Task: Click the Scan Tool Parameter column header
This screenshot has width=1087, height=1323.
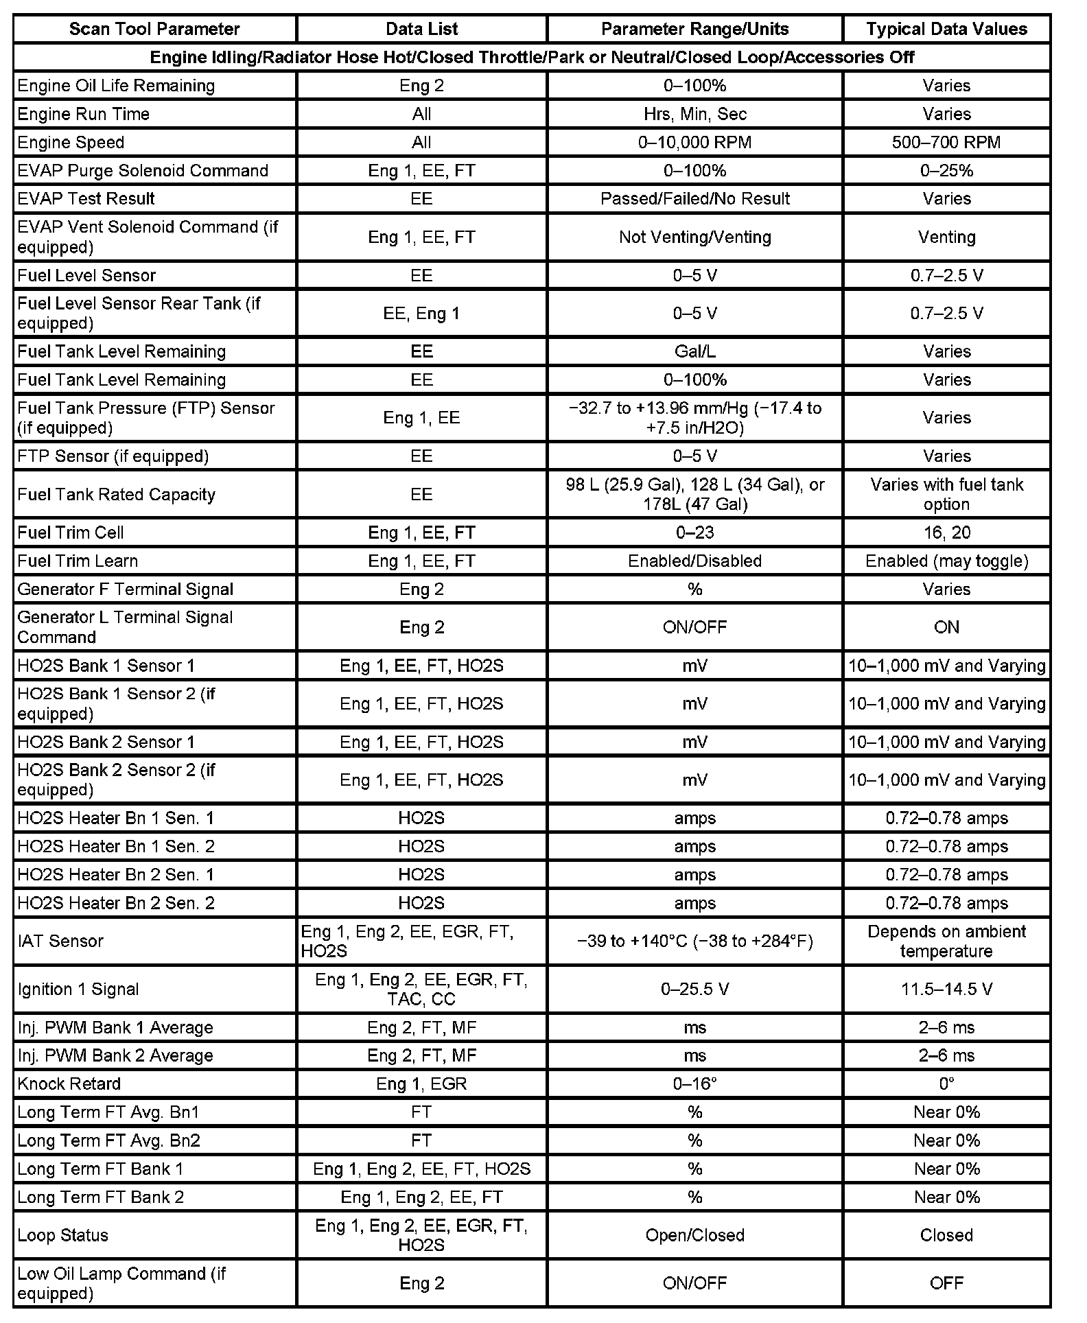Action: coord(154,29)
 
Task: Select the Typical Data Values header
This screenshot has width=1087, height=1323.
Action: coord(946,29)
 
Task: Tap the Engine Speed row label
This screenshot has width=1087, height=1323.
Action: coord(71,142)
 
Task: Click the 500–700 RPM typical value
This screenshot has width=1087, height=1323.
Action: coord(946,142)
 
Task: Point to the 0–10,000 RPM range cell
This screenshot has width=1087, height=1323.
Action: coord(694,142)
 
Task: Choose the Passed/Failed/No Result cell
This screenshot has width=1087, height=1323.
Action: coord(694,198)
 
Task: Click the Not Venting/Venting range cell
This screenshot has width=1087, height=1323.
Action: coord(694,237)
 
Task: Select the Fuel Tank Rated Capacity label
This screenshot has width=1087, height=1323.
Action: coord(116,494)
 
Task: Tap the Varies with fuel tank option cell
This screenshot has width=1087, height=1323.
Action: coord(946,494)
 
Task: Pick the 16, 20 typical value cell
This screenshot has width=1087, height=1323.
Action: coord(946,532)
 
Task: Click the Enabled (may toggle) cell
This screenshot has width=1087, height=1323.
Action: coord(946,561)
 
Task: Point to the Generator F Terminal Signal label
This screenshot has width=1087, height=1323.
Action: coord(125,589)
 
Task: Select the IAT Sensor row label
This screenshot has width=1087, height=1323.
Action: coord(60,941)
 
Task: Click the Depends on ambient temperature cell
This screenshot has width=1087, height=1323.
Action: coord(946,941)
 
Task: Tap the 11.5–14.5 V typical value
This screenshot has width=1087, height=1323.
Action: coord(946,989)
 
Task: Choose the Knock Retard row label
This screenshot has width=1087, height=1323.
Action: coord(69,1084)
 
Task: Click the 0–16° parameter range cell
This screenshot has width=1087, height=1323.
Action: coord(694,1084)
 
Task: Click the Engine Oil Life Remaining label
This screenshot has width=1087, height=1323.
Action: coord(115,86)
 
